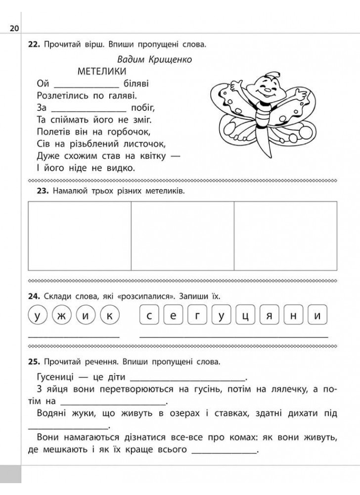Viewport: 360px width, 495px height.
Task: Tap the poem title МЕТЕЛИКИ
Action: [102, 71]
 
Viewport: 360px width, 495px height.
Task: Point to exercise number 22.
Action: [34, 45]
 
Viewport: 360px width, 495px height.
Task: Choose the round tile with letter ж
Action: [61, 315]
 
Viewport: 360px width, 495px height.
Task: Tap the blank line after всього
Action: [224, 450]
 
